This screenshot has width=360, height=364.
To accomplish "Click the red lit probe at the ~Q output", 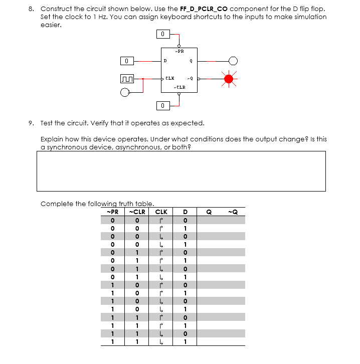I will coord(230,79).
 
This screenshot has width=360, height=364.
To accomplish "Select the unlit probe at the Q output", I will coord(233,61).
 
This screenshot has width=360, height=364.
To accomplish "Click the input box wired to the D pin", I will coord(127,61).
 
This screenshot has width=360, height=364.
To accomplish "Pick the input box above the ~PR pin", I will coord(162,34).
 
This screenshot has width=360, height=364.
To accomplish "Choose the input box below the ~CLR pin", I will coord(162,105).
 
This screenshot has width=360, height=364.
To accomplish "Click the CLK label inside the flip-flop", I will coord(170,78).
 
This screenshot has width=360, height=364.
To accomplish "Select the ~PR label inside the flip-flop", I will coord(179,51).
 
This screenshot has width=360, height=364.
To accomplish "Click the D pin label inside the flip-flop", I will coord(166,61).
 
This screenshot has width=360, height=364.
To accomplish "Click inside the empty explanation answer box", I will coord(181,171).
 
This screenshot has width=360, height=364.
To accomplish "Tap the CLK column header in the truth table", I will coord(161,211).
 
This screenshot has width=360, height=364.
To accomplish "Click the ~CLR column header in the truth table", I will coord(137,211).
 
